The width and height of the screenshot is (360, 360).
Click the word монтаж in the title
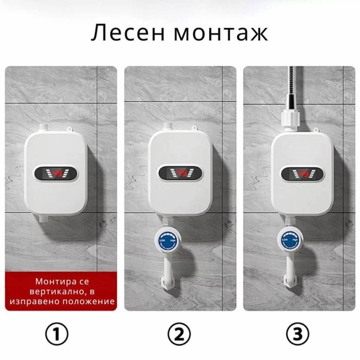click(x=221, y=33)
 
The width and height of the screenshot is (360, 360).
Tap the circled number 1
click(x=61, y=335)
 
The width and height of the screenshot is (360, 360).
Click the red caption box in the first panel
click(x=61, y=291)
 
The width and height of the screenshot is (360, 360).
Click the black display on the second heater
click(x=179, y=172)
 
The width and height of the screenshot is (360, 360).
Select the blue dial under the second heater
click(x=165, y=241)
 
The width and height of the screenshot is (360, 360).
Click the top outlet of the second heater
click(x=168, y=127)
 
